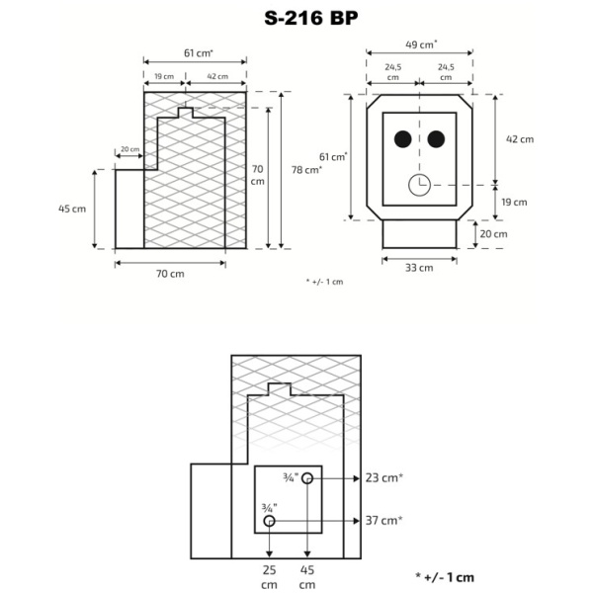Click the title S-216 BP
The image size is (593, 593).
coord(296,18)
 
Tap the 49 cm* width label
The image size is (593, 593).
coord(421,44)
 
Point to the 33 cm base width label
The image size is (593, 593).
coord(419,267)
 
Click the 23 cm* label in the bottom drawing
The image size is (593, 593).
coord(384,478)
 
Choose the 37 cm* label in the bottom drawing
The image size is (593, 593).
coord(384,520)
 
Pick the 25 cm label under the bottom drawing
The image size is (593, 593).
coord(269,576)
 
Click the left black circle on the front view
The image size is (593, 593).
coord(403,139)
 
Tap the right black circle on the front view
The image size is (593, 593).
coord(437,139)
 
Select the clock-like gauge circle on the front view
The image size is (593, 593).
coord(419,184)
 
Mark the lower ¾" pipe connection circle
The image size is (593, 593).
coord(269,520)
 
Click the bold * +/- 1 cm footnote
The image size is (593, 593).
coord(445,576)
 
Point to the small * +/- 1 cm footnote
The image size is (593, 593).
coord(324,282)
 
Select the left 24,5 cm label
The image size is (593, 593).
coord(393,71)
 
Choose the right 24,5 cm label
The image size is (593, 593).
coord(446,71)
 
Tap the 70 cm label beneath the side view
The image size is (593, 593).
coord(170,274)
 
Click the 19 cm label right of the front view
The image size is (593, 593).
coord(514,202)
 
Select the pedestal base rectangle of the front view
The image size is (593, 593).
coord(419,234)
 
